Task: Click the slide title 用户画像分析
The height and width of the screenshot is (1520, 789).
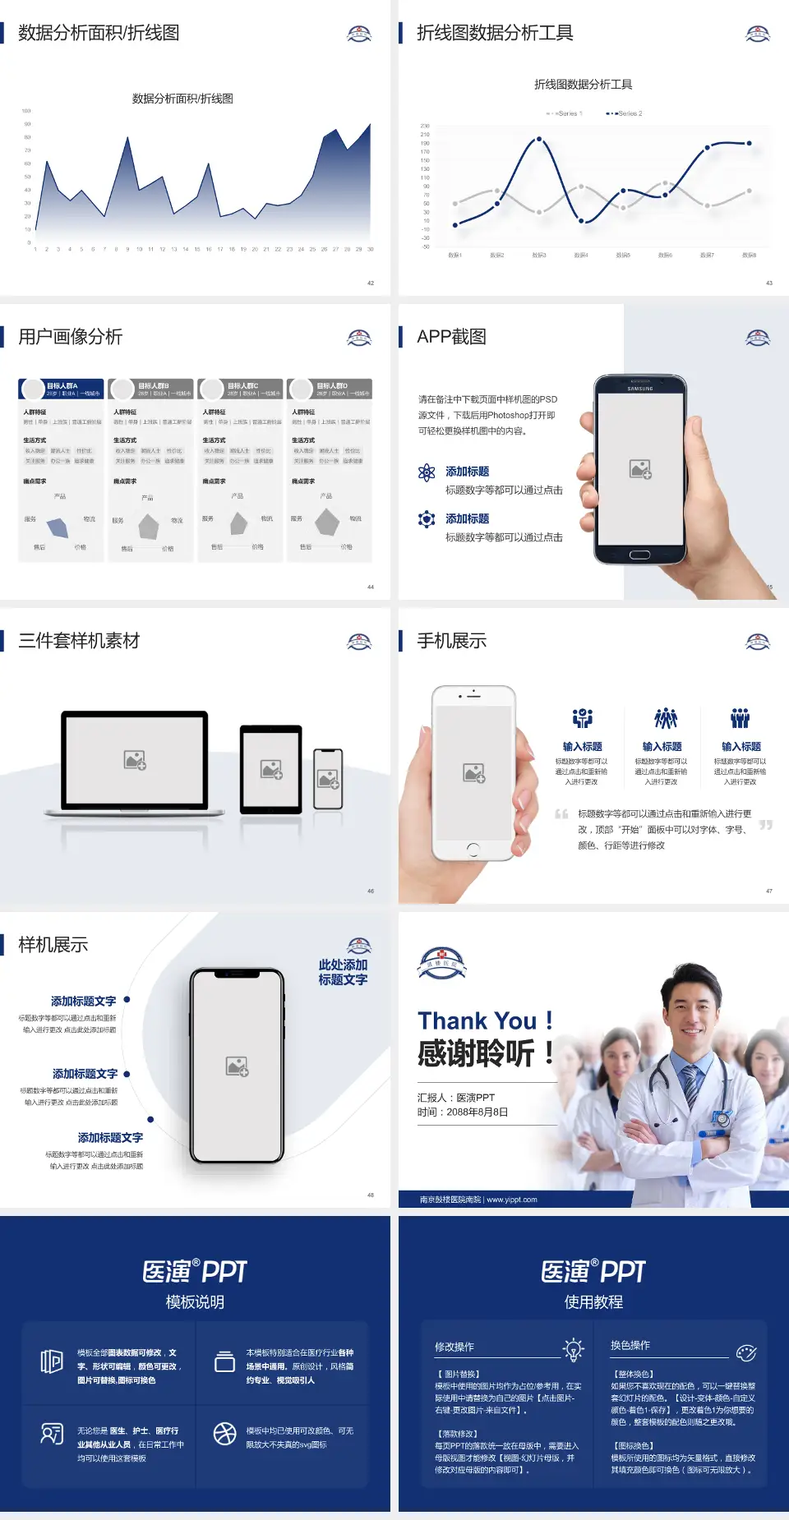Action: (x=71, y=337)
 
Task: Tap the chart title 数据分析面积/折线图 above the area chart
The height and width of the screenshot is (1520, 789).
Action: (x=182, y=99)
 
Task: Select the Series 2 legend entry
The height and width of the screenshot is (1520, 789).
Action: (x=625, y=113)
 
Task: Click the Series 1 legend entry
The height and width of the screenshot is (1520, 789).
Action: (x=565, y=113)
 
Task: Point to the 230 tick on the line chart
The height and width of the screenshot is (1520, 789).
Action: (x=425, y=126)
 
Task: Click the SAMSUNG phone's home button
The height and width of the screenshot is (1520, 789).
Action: (x=639, y=555)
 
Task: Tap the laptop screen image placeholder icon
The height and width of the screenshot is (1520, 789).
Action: (x=135, y=760)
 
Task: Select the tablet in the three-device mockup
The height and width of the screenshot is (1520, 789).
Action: (x=271, y=770)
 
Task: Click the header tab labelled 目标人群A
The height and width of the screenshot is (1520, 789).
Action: (x=62, y=389)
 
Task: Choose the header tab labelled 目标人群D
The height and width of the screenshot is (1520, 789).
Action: (x=330, y=389)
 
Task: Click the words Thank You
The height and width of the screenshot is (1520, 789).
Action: (x=477, y=1021)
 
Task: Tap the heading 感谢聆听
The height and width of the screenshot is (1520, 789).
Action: (x=477, y=1053)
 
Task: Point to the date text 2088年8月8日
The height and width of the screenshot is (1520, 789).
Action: (x=478, y=1112)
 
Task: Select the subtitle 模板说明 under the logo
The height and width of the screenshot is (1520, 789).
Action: (x=195, y=1302)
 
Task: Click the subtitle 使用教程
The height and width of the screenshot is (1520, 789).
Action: (x=593, y=1302)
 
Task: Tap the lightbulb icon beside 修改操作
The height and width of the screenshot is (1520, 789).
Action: (x=573, y=1349)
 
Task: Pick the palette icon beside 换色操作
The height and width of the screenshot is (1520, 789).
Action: (x=746, y=1352)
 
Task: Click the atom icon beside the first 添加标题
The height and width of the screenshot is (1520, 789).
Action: (x=427, y=472)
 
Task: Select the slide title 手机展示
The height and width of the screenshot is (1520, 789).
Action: (x=451, y=641)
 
